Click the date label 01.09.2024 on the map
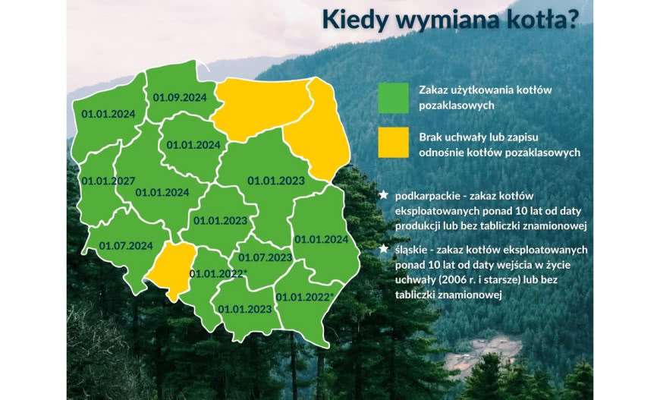click(x=180, y=97)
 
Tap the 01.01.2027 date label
click(x=108, y=181)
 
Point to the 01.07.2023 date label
click(x=266, y=257)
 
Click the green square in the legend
click(x=393, y=97)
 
